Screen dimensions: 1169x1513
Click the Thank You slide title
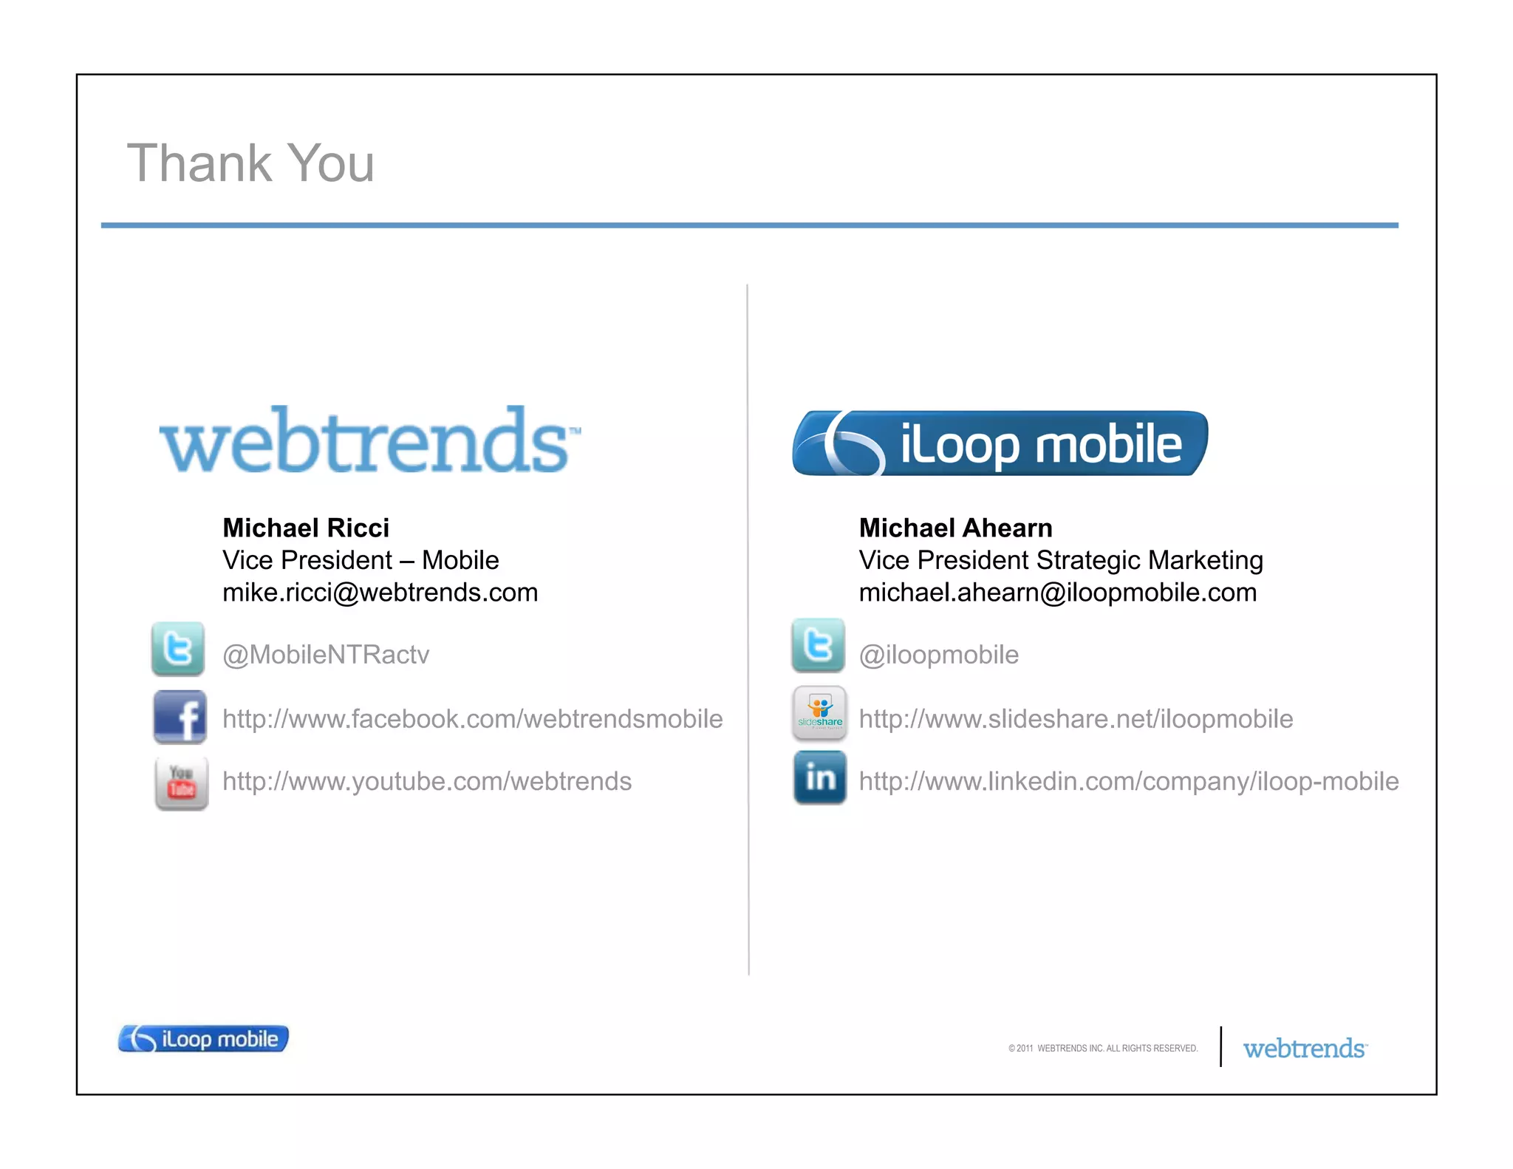pos(250,163)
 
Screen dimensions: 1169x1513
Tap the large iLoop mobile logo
pos(1000,443)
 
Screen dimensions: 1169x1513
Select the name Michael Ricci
pos(306,528)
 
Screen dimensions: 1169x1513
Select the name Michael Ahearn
pos(955,528)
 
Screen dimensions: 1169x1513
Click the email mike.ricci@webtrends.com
pos(380,593)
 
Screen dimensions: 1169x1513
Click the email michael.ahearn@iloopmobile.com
pos(1057,593)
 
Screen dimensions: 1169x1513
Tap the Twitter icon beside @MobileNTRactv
pos(178,649)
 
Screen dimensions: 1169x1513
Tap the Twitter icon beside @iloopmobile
pos(818,645)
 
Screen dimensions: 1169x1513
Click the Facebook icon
pos(180,717)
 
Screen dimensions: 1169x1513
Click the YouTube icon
pos(182,783)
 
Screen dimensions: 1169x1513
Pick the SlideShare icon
pos(819,713)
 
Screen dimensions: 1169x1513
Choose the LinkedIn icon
pos(819,777)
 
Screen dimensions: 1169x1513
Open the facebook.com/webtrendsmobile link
pos(472,719)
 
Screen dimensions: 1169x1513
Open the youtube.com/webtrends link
pos(427,782)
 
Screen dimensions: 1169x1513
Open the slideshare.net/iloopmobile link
pos(1076,719)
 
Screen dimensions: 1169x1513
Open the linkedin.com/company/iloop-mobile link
pos(1128,782)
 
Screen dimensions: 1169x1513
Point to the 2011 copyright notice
pos(1102,1048)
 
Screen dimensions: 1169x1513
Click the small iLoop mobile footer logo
pos(203,1039)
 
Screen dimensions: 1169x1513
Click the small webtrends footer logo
pos(1305,1049)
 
